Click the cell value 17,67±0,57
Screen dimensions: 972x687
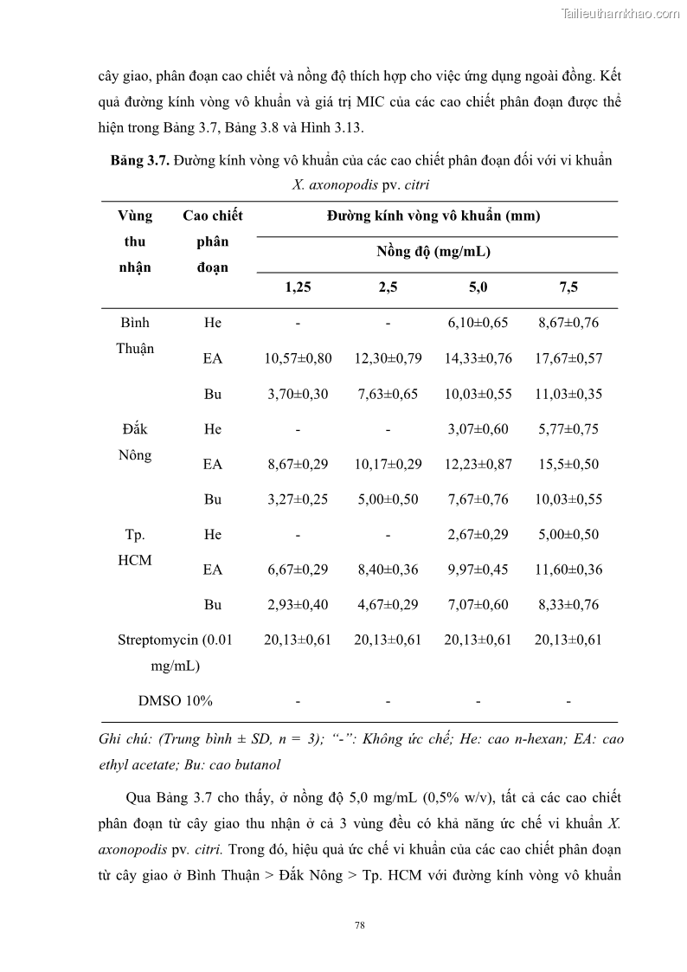coord(568,358)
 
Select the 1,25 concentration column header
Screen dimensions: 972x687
coord(298,288)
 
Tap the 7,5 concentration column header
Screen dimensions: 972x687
coord(568,288)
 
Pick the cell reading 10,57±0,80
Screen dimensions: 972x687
coord(298,358)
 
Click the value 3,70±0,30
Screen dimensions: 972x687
coord(298,394)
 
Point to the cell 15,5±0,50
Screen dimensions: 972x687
coord(568,464)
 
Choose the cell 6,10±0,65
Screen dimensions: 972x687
coord(478,323)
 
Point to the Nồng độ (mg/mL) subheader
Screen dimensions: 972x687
coord(433,252)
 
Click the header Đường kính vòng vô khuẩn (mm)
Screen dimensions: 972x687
coord(433,216)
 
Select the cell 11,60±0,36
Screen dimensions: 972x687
coord(568,570)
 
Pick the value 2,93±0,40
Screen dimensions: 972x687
coord(298,604)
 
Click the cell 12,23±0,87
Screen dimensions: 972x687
coord(478,464)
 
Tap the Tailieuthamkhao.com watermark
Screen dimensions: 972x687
coord(620,13)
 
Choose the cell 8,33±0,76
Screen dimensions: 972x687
coord(568,604)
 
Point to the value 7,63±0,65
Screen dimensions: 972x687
coord(388,394)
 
